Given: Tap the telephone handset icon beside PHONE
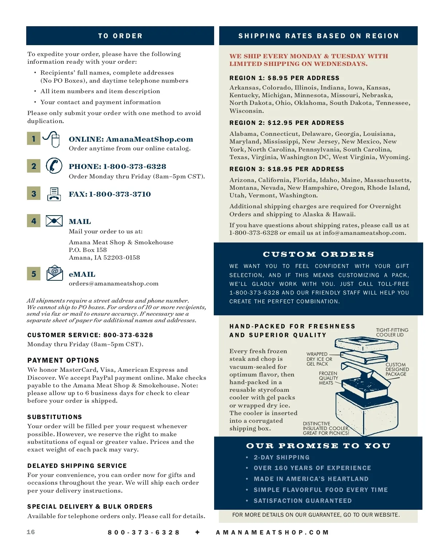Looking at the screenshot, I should (x=54, y=166).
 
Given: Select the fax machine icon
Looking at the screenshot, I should (x=54, y=194).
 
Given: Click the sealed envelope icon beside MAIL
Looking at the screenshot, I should (x=54, y=221).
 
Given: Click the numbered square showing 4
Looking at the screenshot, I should (x=34, y=221).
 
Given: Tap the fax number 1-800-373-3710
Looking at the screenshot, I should (x=120, y=194).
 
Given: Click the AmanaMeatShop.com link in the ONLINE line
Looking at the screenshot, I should (x=149, y=139).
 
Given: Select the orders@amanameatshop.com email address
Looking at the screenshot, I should (x=114, y=283).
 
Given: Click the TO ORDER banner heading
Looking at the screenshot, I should (x=120, y=36).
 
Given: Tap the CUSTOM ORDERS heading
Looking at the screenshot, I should (x=318, y=254).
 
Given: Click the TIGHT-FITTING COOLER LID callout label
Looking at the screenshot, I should (x=392, y=332).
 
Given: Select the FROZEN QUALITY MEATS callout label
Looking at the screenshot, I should (x=328, y=378).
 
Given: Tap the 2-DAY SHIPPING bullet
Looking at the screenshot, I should (x=282, y=457).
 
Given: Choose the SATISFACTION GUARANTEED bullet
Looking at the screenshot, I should (x=303, y=501).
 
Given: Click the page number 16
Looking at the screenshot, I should (x=31, y=532).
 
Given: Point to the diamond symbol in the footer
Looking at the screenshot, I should (x=197, y=532).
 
